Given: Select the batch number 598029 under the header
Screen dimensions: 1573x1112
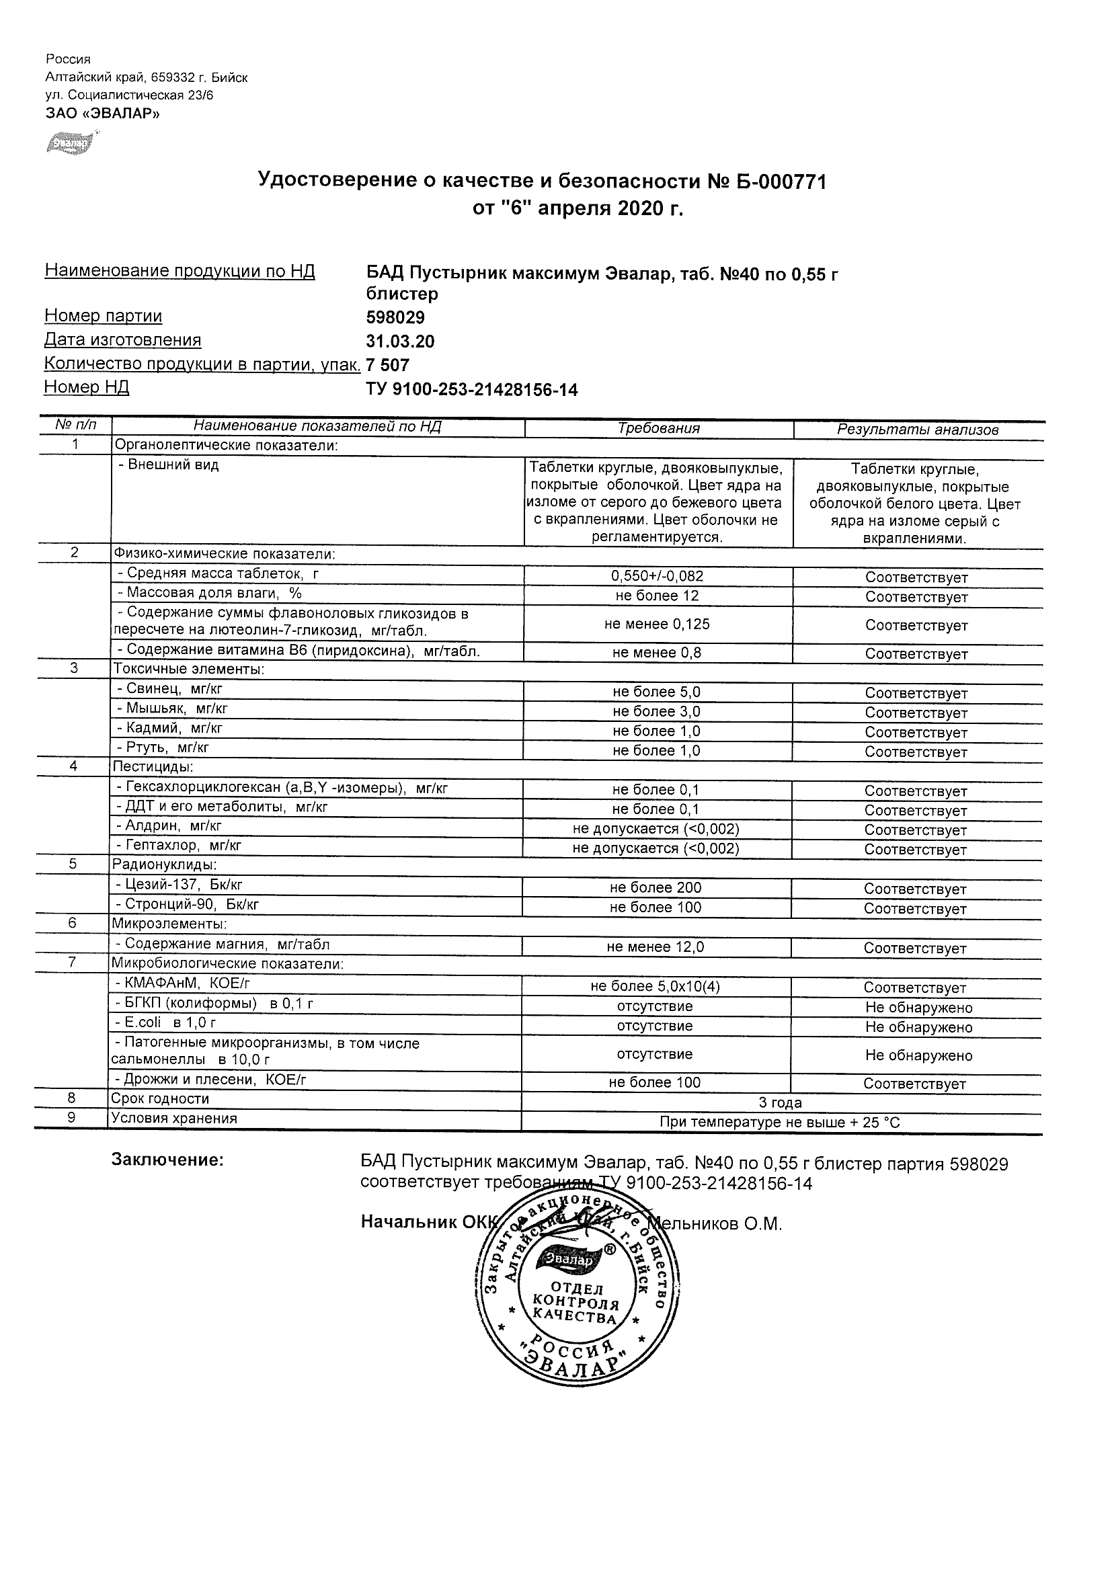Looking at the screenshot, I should (x=395, y=318).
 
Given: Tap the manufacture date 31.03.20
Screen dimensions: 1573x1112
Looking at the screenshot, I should (x=400, y=341).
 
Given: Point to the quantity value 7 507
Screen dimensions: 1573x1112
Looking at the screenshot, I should (x=388, y=365).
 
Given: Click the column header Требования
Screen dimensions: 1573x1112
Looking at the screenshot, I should (x=658, y=428).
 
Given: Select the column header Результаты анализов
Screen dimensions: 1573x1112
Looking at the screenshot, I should (x=918, y=430).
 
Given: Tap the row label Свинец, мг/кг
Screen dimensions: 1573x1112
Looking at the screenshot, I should (x=170, y=688).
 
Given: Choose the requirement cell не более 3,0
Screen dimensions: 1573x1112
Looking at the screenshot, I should (x=656, y=711).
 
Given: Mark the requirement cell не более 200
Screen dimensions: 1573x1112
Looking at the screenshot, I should (x=656, y=887).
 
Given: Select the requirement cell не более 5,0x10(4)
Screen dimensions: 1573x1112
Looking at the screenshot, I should (x=655, y=986).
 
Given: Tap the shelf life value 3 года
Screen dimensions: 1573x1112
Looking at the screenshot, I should (x=780, y=1102).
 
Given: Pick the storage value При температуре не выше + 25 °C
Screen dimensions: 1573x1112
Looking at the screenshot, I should (x=780, y=1122).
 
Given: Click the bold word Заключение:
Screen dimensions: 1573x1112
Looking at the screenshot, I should (x=167, y=1160).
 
